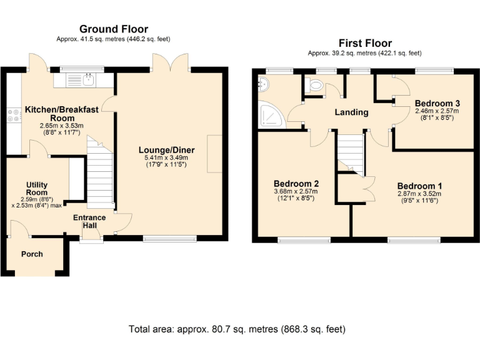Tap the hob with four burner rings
[x=14, y=116]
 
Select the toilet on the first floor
[x=314, y=85]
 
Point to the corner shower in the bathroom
[x=270, y=114]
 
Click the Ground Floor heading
[x=114, y=29]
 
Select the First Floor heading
[x=365, y=43]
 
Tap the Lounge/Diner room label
[x=166, y=150]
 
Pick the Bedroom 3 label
[x=437, y=103]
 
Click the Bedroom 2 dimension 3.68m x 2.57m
[x=296, y=192]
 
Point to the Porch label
[x=32, y=254]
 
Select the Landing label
[x=351, y=112]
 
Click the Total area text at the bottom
[x=237, y=329]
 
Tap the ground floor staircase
[x=100, y=172]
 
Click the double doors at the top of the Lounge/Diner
[x=171, y=62]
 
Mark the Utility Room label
[x=37, y=189]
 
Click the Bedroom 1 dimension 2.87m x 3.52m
[x=419, y=194]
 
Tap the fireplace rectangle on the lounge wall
[x=214, y=154]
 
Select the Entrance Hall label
[x=89, y=222]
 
